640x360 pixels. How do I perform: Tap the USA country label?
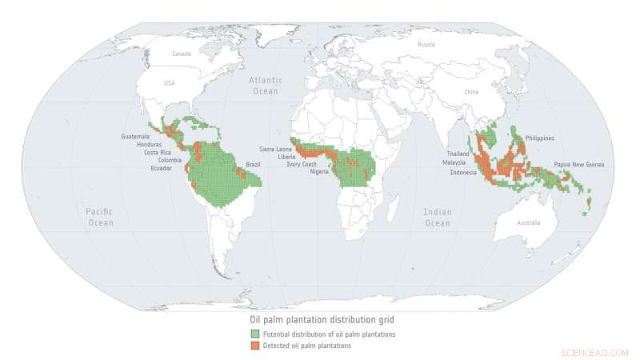(x=169, y=83)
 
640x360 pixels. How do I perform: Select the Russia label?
(x=426, y=45)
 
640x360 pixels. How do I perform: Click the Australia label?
(x=528, y=222)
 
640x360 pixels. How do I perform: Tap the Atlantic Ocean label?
(x=265, y=86)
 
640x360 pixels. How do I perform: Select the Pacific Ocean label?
(x=100, y=217)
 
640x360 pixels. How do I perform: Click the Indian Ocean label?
(x=438, y=218)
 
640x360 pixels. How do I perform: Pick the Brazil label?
(x=253, y=164)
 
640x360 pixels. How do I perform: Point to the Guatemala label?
(x=135, y=136)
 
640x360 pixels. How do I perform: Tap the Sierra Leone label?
(x=275, y=150)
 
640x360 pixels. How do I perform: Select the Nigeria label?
(x=322, y=171)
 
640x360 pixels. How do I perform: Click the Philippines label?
(x=540, y=138)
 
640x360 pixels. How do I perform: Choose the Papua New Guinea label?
(x=579, y=164)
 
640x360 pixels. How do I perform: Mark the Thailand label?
(x=458, y=154)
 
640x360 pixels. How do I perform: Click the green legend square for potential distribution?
(x=254, y=334)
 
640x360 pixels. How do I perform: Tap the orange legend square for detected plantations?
(x=254, y=346)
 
